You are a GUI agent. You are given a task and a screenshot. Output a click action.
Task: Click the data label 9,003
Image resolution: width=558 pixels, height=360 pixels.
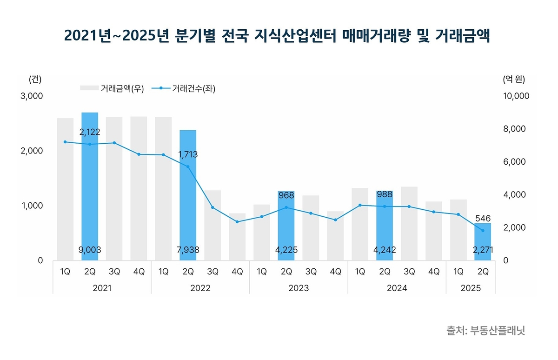coord(90,250)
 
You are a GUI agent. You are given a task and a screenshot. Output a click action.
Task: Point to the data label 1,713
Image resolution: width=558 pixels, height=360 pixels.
coord(187,154)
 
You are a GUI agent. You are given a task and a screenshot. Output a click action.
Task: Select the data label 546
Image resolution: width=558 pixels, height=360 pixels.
coord(483,218)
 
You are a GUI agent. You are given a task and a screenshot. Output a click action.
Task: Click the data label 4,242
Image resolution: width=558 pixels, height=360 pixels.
coord(385,250)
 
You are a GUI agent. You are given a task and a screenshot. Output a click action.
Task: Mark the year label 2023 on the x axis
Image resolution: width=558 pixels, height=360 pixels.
coord(299,288)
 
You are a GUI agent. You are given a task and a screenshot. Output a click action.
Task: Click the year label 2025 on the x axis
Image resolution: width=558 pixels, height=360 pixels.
coord(471,288)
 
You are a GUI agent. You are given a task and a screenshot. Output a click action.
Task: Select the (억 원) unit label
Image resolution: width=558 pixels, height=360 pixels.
coord(513,79)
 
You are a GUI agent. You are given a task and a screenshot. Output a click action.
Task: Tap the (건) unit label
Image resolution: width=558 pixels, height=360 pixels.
coord(35,79)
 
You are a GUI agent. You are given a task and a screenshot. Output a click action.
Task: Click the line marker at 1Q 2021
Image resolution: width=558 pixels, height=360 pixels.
coord(65,142)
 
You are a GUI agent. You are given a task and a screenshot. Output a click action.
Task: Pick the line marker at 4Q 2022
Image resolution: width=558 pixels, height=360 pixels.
coord(237,222)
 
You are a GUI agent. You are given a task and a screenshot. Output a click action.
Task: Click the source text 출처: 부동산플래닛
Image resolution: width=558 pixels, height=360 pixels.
coord(486,331)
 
